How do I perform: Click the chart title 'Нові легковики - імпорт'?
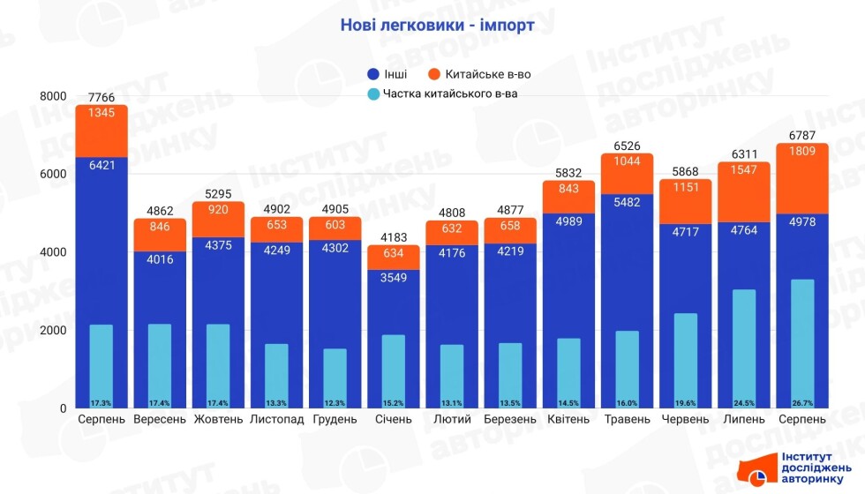pos(437,26)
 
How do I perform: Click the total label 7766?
pos(102,97)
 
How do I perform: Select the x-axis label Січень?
pos(394,419)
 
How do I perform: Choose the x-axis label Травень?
pos(627,419)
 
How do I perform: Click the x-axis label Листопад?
pos(277,419)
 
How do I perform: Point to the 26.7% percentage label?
pos(801,403)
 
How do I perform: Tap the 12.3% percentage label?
pos(335,403)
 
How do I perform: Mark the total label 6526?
pos(627,146)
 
